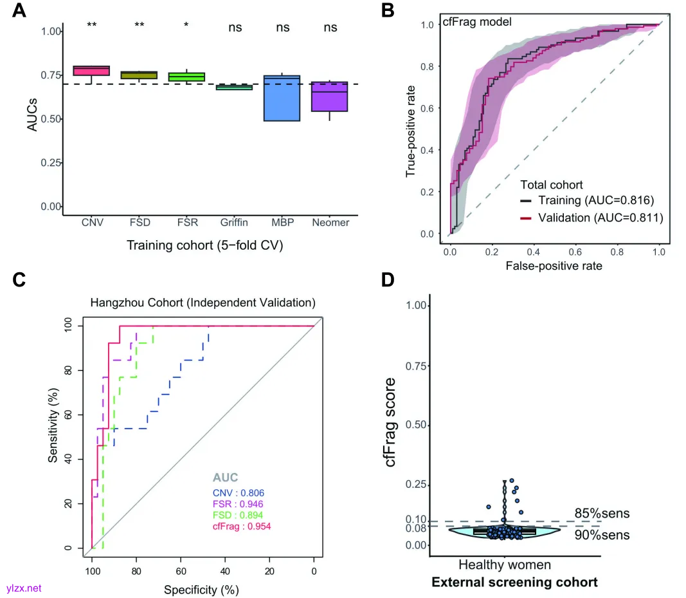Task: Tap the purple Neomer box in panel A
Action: point(330,97)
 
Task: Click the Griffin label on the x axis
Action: point(234,223)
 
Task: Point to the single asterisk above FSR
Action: point(186,26)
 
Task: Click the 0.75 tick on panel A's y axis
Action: point(50,75)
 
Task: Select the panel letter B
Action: point(388,10)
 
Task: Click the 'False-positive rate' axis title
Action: point(553,265)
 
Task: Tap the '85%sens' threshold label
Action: point(602,514)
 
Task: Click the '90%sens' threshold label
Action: point(602,535)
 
